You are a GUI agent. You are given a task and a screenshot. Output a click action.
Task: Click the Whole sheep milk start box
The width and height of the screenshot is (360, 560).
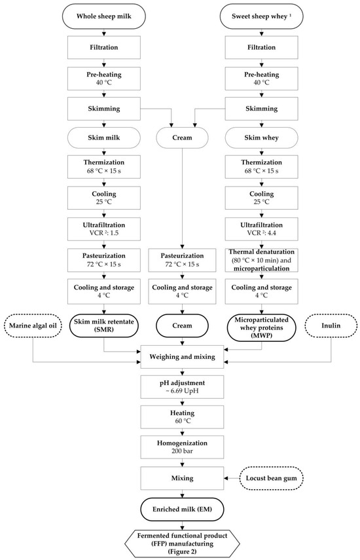pos(101,15)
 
